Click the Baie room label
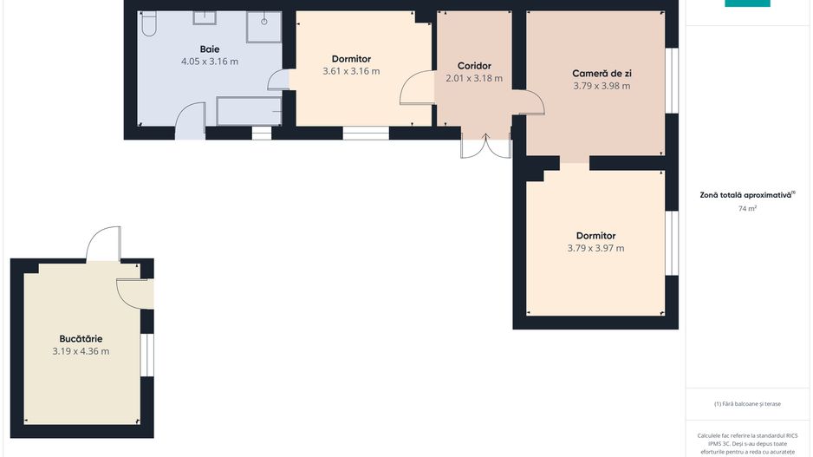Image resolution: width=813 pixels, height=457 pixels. [210, 49]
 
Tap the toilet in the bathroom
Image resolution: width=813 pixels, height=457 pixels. [149, 23]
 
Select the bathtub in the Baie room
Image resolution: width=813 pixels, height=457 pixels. [249, 111]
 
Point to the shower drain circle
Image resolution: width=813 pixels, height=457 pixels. [263, 22]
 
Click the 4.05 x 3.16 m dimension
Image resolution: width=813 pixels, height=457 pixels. [210, 62]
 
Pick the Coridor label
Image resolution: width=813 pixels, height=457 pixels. [474, 66]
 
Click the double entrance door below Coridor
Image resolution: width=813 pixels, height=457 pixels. [486, 146]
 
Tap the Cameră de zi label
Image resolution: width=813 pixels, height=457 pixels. [602, 74]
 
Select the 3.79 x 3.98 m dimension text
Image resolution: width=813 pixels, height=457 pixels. [602, 86]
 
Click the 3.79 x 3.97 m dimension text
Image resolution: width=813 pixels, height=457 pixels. [595, 248]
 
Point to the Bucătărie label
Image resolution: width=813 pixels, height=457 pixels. [81, 339]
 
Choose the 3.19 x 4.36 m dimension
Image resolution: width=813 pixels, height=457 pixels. [81, 351]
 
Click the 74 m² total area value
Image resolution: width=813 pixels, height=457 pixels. [747, 208]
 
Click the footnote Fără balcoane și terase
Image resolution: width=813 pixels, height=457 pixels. [747, 403]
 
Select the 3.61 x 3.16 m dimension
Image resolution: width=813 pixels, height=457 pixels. [351, 71]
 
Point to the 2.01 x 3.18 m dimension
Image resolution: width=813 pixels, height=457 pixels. [474, 78]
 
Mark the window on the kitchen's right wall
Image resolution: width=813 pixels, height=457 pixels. [147, 355]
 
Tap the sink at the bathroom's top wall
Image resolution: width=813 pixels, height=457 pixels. [205, 17]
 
